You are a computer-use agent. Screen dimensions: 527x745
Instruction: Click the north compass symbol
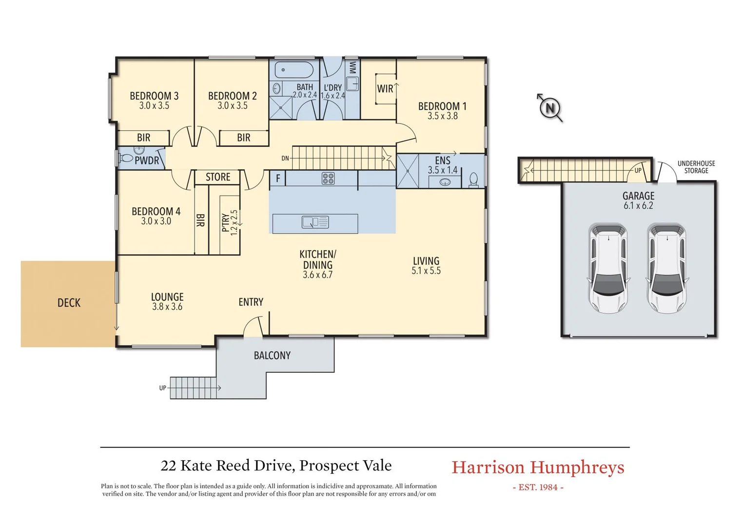click(x=550, y=107)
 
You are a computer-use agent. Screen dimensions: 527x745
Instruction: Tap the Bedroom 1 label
click(x=442, y=106)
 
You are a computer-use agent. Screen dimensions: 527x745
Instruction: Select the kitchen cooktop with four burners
click(x=328, y=178)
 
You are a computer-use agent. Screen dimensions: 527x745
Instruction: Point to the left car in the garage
click(x=608, y=268)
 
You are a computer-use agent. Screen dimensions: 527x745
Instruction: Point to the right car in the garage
click(x=667, y=268)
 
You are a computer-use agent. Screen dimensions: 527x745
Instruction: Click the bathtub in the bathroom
click(x=294, y=70)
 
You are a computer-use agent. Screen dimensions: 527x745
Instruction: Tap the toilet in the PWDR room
click(x=126, y=158)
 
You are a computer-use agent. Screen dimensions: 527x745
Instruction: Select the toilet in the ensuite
click(x=473, y=180)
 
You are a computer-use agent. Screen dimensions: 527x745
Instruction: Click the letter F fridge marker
click(x=278, y=178)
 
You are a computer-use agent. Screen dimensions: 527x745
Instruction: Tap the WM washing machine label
click(x=353, y=67)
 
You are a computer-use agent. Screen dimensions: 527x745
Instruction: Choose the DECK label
click(x=69, y=303)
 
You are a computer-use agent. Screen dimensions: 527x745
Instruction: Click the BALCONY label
click(x=272, y=356)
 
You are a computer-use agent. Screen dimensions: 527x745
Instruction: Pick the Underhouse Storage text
click(x=696, y=167)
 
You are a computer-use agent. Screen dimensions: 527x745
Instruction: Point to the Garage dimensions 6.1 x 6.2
click(x=638, y=206)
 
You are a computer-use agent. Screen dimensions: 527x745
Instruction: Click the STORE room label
click(x=218, y=177)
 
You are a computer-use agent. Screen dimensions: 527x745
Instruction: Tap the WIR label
click(x=385, y=89)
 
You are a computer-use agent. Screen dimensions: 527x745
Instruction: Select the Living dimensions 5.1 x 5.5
click(x=426, y=271)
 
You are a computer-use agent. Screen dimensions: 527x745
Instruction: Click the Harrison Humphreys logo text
click(x=537, y=467)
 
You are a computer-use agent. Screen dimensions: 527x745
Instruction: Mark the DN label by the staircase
click(x=285, y=158)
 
